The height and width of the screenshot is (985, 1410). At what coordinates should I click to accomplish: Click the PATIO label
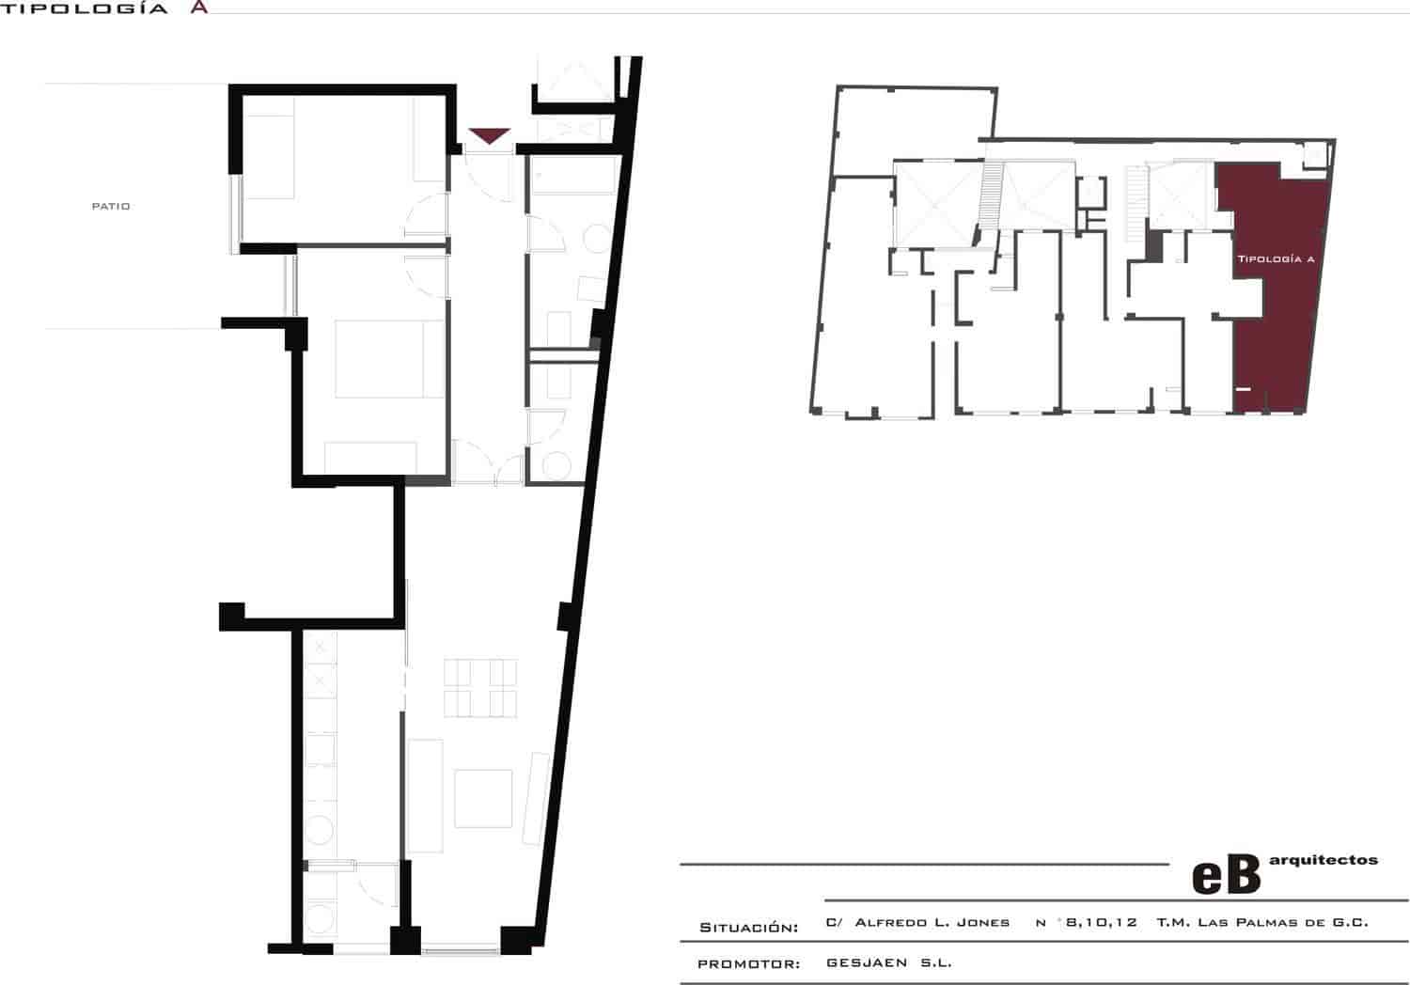point(111,207)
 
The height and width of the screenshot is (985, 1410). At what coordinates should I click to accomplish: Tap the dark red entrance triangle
point(489,134)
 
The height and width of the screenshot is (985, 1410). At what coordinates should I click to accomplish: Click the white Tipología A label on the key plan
point(1276,258)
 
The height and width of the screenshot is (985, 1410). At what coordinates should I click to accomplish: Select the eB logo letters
point(1226,874)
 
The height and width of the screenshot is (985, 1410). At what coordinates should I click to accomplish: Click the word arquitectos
point(1324,860)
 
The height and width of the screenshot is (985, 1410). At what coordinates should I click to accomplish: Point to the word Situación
point(749,928)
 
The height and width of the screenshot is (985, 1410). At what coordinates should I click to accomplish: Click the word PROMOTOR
point(749,964)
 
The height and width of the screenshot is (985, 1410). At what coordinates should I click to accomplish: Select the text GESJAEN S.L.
point(889,963)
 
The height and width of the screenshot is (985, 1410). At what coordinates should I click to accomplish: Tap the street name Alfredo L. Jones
point(932,923)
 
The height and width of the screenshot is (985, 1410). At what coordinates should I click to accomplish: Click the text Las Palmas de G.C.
point(1283,923)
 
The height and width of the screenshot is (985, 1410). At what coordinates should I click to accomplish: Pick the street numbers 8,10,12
point(1102,923)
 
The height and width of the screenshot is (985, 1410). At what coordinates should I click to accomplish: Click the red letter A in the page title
point(199,8)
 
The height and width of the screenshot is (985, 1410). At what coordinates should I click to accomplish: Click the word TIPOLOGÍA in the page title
point(84,8)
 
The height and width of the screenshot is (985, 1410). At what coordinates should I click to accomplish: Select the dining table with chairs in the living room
point(480,688)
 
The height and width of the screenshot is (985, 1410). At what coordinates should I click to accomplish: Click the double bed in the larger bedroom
point(390,359)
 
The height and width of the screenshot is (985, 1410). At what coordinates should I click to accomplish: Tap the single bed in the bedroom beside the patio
point(270,157)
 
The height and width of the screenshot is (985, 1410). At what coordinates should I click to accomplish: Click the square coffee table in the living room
point(483,799)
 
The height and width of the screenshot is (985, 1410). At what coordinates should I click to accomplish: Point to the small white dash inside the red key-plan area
point(1243,389)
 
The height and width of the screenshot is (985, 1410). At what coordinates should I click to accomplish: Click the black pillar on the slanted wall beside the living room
point(566,617)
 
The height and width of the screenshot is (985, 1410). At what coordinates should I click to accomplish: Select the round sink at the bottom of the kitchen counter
point(320,830)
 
